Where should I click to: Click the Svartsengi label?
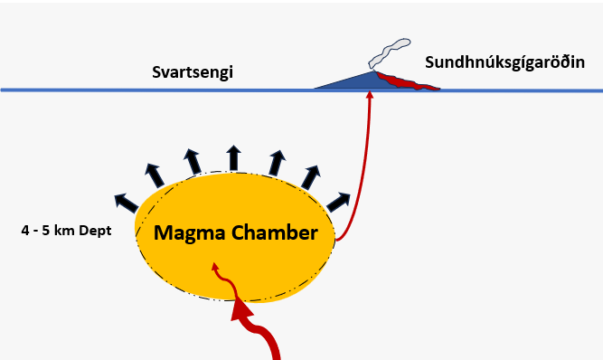(x=193, y=72)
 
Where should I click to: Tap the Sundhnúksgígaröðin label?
(x=504, y=62)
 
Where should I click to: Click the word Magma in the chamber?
(x=189, y=233)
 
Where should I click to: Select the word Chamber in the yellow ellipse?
(x=275, y=232)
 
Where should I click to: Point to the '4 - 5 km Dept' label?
(x=66, y=231)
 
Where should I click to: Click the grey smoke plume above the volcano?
(x=389, y=53)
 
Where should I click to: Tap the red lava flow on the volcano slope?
(x=407, y=81)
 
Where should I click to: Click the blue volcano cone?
(x=353, y=81)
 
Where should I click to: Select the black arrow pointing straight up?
(x=233, y=158)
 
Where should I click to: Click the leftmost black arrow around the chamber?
(x=127, y=204)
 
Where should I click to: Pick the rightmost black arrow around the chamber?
(x=338, y=203)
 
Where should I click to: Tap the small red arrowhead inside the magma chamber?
(x=215, y=267)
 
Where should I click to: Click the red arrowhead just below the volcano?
(x=370, y=94)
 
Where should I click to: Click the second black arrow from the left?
(x=155, y=175)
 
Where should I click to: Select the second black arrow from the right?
(x=311, y=177)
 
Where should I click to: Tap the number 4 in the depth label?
(x=25, y=231)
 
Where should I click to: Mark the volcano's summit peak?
(x=372, y=71)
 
